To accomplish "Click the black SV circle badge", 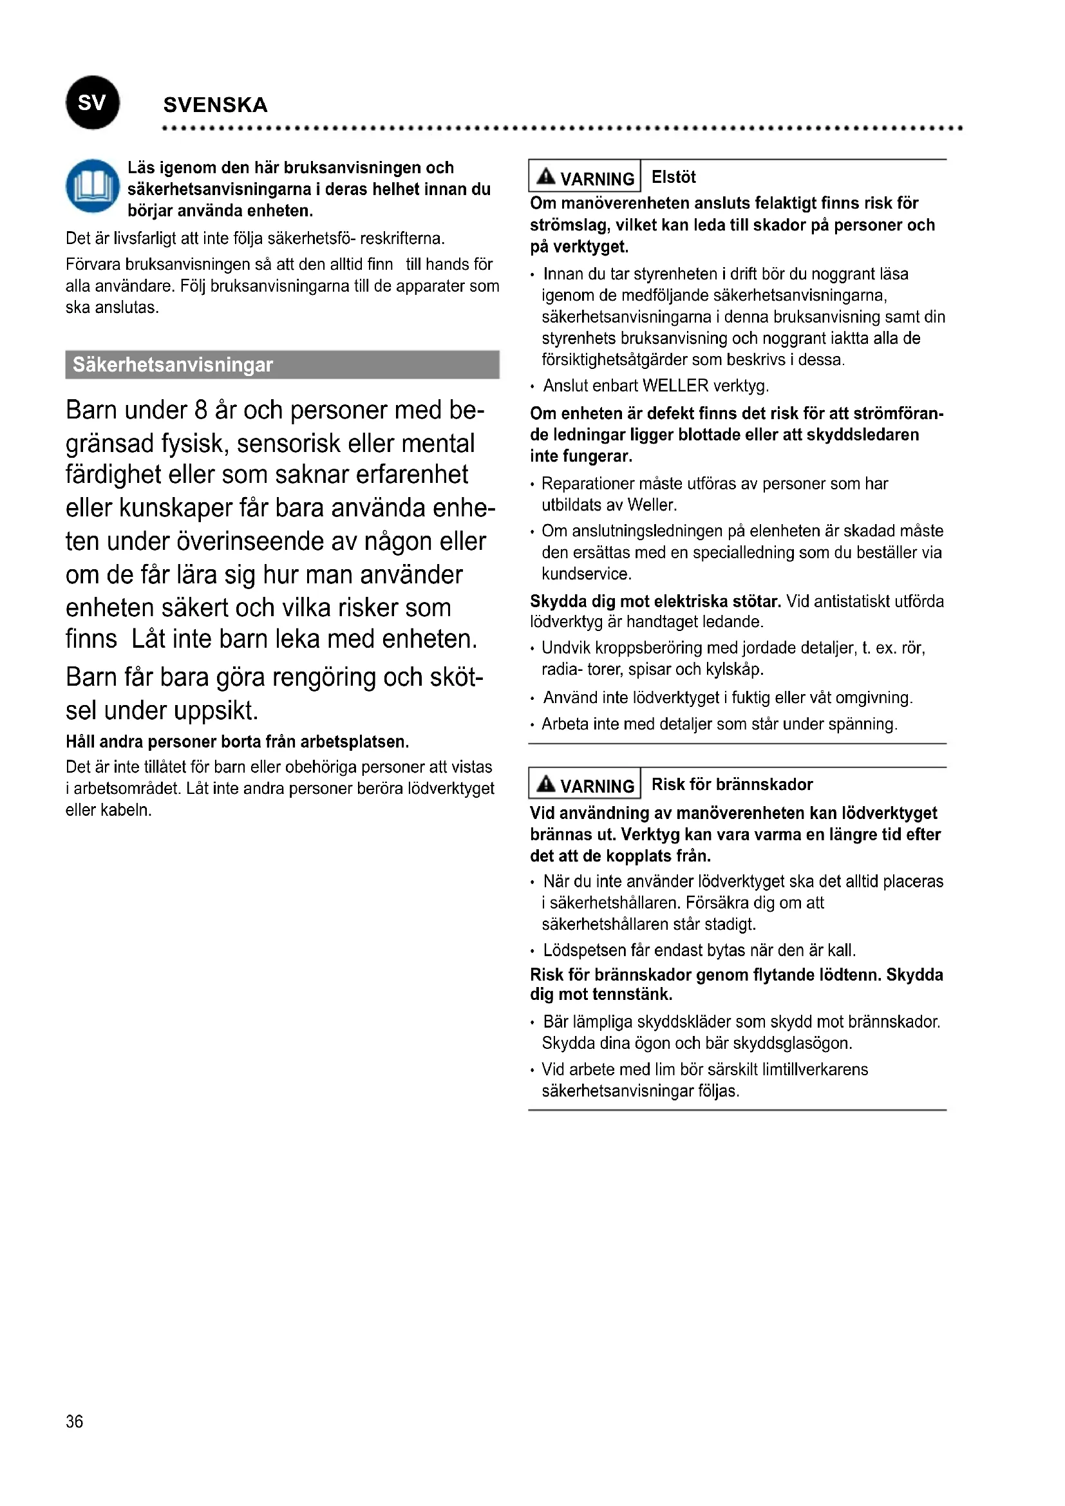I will point(93,102).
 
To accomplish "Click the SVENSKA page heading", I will point(215,105).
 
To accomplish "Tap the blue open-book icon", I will point(93,186).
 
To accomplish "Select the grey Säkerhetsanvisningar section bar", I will point(282,364).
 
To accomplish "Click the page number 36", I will point(74,1422).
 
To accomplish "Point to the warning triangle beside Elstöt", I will point(545,176).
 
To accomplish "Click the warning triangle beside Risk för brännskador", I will point(545,784).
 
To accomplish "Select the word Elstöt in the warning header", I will point(674,177).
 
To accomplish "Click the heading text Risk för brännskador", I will point(732,784).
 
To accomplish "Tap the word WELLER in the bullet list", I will point(675,386).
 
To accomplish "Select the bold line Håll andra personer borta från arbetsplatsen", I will point(238,742).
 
